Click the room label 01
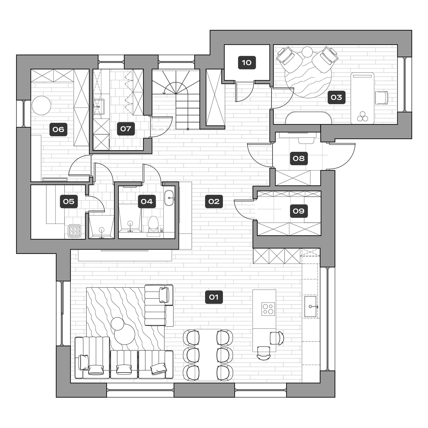214,297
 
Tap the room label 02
214,202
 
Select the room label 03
336,97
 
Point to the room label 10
247,63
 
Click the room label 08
299,158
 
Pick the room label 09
299,211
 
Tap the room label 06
58,129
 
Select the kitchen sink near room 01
310,306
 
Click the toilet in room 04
153,223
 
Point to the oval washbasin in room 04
169,198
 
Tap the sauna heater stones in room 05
75,231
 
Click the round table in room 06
41,105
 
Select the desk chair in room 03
382,98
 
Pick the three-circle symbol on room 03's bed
361,117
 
